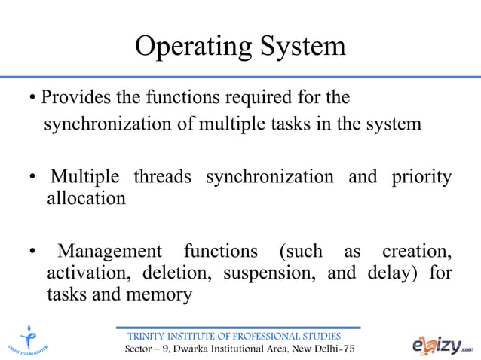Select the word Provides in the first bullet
(x=72, y=98)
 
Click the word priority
(x=421, y=177)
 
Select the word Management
(x=110, y=250)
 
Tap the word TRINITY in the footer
(x=152, y=336)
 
